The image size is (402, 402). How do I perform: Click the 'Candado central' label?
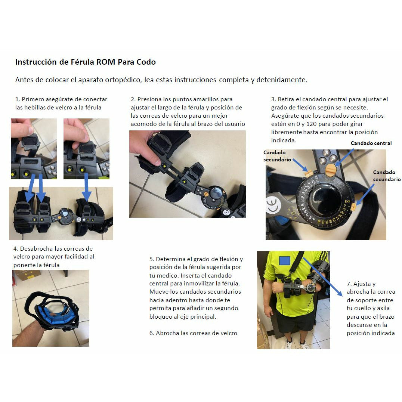pos(371,143)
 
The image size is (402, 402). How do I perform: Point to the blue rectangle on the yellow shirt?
pos(284,261)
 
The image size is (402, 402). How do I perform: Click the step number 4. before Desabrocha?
pos(16,249)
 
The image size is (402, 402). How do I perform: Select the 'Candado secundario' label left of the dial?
pos(277,156)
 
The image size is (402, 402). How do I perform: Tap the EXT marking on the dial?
pos(347,201)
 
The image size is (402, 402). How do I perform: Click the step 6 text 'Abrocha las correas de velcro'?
pos(197,333)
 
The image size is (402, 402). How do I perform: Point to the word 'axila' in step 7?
pos(383,308)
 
